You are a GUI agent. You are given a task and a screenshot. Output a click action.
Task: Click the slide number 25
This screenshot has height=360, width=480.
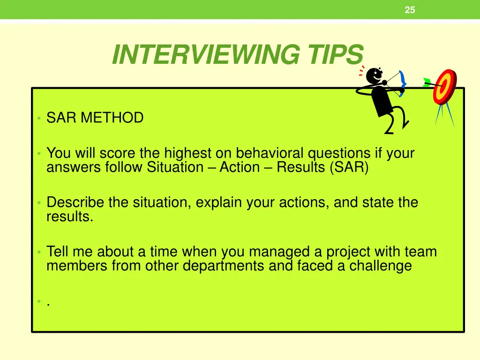coord(410,10)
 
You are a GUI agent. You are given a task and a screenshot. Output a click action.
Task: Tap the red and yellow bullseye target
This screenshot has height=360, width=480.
coord(444,86)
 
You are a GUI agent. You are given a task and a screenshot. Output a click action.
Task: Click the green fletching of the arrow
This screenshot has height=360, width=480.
coord(427,82)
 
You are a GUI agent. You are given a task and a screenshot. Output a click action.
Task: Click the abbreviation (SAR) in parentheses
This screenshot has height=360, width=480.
coord(349,167)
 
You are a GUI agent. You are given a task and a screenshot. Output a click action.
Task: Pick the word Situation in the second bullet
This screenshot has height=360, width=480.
coord(174,167)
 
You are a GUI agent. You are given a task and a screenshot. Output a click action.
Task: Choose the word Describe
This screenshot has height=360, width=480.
coord(75,203)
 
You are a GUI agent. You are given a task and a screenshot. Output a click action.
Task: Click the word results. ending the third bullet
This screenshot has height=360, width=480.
coord(69,217)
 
